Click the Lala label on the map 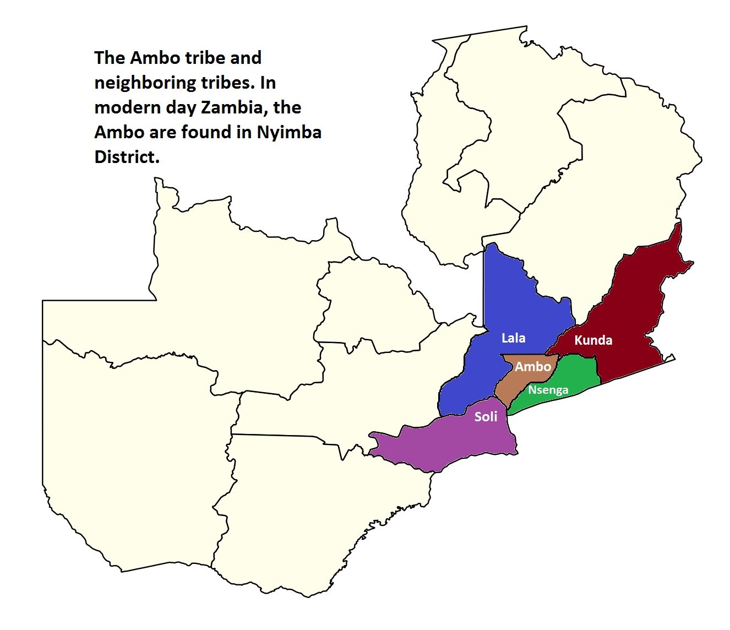pyautogui.click(x=513, y=338)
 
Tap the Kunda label pyautogui.click(x=593, y=340)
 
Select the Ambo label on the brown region pyautogui.click(x=533, y=367)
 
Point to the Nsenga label pyautogui.click(x=548, y=390)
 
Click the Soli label pyautogui.click(x=486, y=417)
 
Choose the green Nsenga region pyautogui.click(x=578, y=374)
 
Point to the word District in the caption pyautogui.click(x=127, y=157)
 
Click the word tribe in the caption pyautogui.click(x=201, y=58)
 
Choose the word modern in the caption pyautogui.click(x=128, y=107)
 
